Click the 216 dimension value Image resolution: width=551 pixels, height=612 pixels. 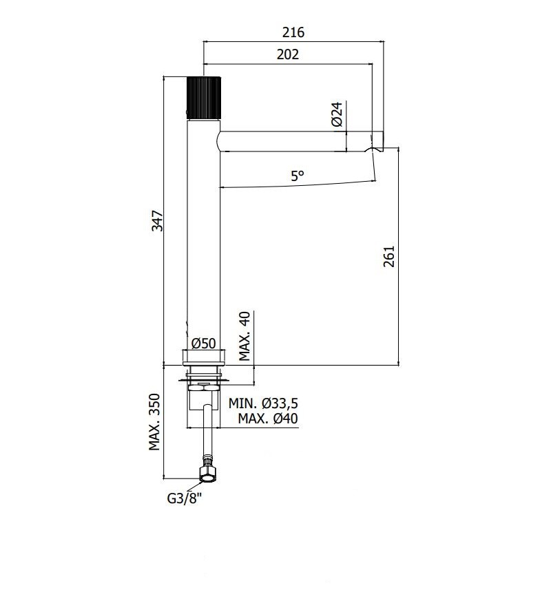pos(293,32)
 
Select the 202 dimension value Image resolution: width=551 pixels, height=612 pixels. pos(288,54)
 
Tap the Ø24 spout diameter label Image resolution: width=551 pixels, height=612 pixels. pos(337,114)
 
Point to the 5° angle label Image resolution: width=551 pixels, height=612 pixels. pos(297,176)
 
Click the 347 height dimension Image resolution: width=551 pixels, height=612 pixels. pos(157,220)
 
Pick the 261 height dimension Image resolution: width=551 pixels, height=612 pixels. pos(389,256)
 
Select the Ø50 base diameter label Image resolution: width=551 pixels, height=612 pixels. pos(203,343)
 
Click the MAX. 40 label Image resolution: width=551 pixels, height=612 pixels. pos(245,336)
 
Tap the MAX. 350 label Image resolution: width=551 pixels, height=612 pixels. pos(155,422)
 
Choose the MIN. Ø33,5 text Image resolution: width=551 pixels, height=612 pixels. pos(263,403)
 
